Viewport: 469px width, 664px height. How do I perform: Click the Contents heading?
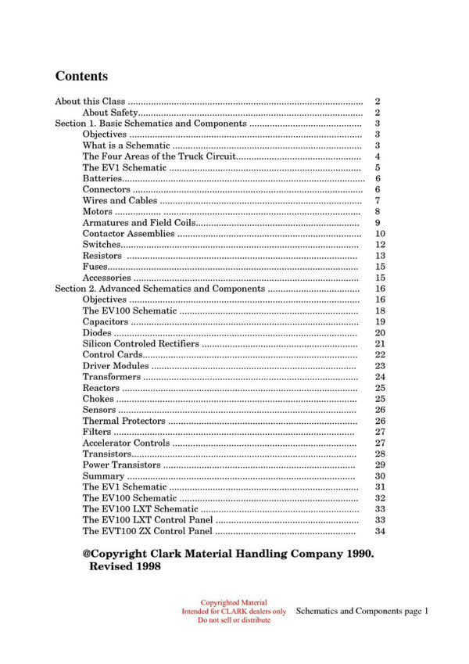(81, 77)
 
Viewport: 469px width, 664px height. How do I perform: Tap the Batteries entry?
(102, 178)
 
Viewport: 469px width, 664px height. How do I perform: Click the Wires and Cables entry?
(120, 200)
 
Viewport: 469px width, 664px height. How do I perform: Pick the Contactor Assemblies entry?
(128, 233)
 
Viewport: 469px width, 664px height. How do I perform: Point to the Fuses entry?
(96, 266)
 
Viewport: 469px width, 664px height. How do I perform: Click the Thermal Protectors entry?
(124, 421)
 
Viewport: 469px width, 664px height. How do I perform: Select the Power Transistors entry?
(121, 465)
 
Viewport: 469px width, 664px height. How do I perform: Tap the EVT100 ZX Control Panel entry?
(147, 531)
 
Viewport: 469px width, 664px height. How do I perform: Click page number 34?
(380, 531)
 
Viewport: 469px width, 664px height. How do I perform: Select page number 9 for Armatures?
(378, 222)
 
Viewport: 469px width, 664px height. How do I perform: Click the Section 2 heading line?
(159, 289)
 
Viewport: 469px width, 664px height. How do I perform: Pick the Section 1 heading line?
(150, 124)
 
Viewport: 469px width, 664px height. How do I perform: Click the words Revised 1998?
(125, 567)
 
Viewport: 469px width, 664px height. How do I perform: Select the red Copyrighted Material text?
(234, 603)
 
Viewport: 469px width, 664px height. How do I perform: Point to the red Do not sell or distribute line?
(234, 620)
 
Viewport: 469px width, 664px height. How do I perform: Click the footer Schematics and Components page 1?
(363, 611)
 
